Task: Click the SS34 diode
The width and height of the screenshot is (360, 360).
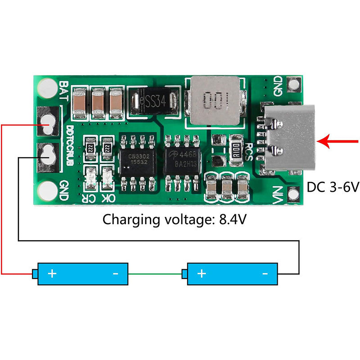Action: [x=153, y=100]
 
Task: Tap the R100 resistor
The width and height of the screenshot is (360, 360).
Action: [x=235, y=148]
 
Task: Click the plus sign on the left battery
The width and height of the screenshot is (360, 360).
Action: [x=53, y=273]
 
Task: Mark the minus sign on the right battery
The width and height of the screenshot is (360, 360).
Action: [x=265, y=273]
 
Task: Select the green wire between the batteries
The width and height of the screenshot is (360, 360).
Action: [x=155, y=273]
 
